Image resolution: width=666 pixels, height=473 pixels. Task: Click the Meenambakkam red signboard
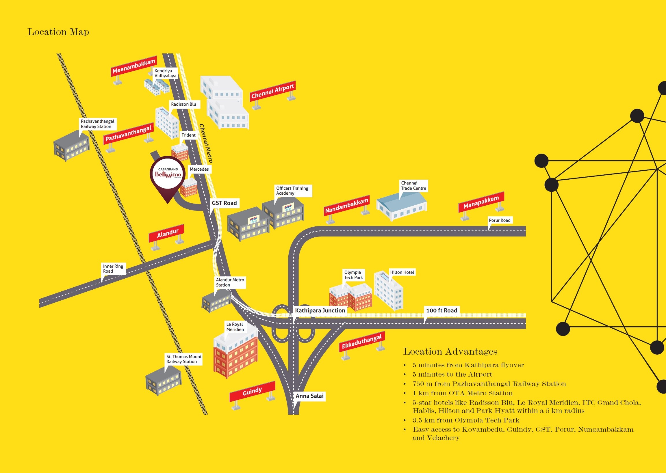(134, 66)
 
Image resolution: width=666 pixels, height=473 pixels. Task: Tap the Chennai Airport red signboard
(273, 91)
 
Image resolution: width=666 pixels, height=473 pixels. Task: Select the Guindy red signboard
(252, 391)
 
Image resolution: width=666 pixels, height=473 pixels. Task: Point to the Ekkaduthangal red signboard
(362, 342)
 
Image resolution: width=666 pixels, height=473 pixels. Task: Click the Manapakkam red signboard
(481, 202)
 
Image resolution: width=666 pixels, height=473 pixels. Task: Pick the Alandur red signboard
(167, 233)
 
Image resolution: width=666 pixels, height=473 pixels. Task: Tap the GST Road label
(224, 203)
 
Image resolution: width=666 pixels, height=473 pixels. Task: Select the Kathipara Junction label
(320, 310)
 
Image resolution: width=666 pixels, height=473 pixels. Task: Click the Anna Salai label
(309, 396)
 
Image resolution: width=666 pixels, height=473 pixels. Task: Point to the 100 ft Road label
(441, 310)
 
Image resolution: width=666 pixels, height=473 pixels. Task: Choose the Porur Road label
(499, 220)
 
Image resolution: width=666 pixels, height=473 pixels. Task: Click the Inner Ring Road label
(113, 269)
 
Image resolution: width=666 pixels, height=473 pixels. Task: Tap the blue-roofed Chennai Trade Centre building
(401, 205)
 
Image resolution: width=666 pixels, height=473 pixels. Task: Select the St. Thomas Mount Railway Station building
(164, 380)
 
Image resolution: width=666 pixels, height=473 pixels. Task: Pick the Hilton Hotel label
(402, 272)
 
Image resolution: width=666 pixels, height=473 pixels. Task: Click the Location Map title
(58, 32)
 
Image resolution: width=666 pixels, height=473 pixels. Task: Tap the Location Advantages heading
(450, 351)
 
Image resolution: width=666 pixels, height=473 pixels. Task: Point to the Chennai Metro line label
(206, 143)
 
